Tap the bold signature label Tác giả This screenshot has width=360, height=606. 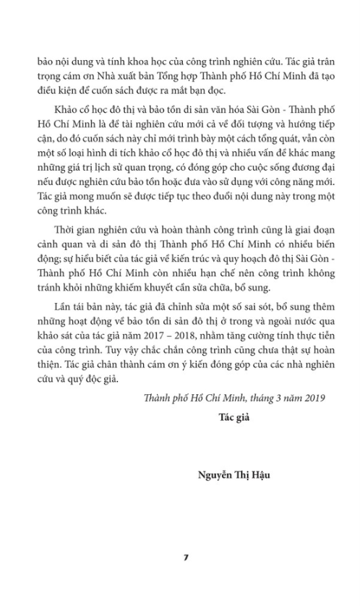[x=233, y=417]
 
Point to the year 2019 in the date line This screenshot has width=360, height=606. [x=312, y=397]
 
